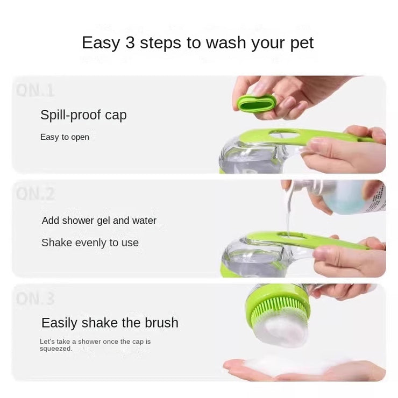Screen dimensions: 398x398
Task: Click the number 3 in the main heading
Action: coord(130,43)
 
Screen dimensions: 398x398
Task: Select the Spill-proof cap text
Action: coord(83,115)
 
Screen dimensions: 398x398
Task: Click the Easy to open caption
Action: coord(65,137)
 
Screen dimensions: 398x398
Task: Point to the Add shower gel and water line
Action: coord(99,221)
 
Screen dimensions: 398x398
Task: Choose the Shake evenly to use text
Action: coord(90,243)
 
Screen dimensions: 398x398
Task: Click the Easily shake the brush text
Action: coord(110,323)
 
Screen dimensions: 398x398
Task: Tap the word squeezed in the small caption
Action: coord(55,349)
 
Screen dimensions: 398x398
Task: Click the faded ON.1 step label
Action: coord(35,89)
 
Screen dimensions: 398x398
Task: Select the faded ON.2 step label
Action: coord(35,194)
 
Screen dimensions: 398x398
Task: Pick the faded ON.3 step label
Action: coord(35,297)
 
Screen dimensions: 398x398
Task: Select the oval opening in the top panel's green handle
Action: coord(283,133)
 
